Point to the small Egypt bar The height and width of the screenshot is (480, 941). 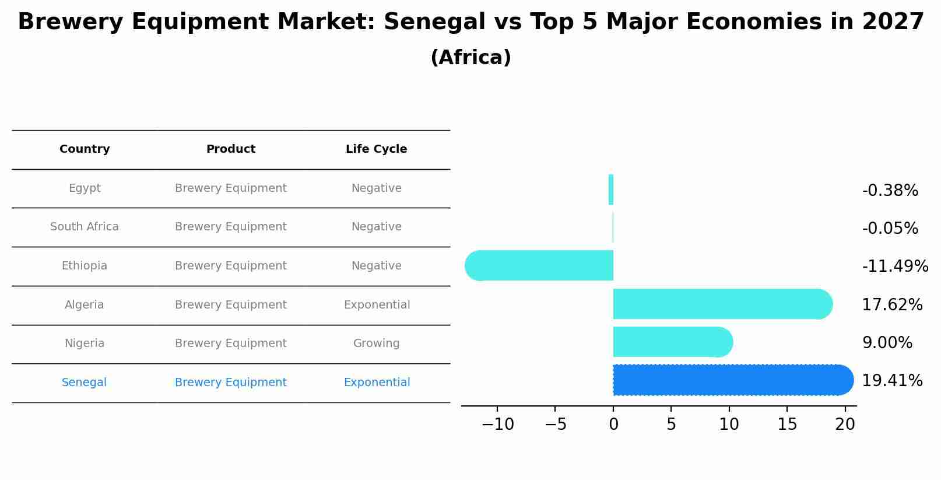tap(610, 190)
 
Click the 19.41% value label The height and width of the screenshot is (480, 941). tap(892, 381)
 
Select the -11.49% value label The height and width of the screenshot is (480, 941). tap(895, 267)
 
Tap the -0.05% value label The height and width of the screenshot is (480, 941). tap(890, 229)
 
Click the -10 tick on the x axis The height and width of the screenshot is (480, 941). tap(498, 425)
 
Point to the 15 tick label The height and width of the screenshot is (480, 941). tap(787, 425)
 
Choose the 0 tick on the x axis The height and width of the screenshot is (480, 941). tap(613, 425)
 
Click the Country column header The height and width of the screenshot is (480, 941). tap(85, 149)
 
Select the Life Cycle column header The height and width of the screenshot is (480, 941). tap(376, 149)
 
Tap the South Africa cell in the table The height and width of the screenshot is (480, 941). tap(85, 227)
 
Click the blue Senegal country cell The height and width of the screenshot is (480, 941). tap(84, 383)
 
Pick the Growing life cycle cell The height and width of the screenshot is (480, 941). tap(376, 344)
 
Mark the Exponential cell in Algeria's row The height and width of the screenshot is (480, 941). tap(377, 305)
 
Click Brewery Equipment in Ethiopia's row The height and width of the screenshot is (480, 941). tap(230, 266)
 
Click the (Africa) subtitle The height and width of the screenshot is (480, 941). tap(470, 58)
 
